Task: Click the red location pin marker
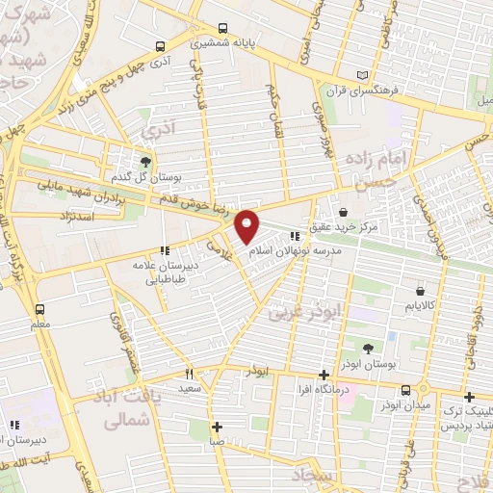(x=247, y=225)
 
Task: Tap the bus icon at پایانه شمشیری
(x=222, y=28)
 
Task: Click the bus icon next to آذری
(x=161, y=45)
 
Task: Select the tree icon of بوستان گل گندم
(x=145, y=162)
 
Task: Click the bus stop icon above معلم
(x=39, y=310)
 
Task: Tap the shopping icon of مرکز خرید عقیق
(x=344, y=212)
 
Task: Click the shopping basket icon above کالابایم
(x=421, y=291)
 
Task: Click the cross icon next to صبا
(x=219, y=427)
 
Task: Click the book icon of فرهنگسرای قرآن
(x=362, y=75)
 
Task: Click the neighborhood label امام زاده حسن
(x=415, y=166)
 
